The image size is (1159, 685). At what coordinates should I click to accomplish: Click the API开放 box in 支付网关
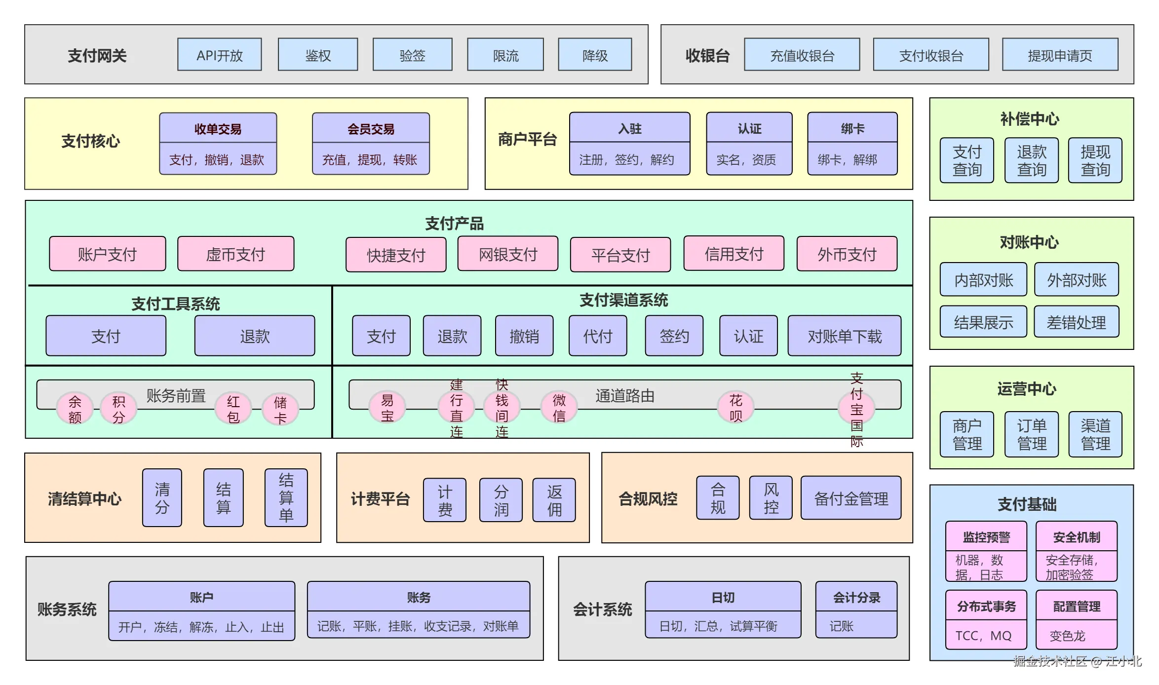(x=220, y=55)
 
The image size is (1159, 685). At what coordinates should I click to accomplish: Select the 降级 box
(x=595, y=55)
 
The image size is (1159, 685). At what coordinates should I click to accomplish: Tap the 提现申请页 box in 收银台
(x=1060, y=55)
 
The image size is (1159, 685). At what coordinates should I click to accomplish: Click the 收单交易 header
(x=218, y=128)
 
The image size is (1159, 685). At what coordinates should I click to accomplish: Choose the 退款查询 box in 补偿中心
(x=1031, y=160)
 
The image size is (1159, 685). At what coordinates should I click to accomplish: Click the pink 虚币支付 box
(x=235, y=254)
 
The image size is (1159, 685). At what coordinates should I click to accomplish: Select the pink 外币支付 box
(x=847, y=254)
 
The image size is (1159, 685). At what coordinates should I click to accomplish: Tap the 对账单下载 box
(x=844, y=336)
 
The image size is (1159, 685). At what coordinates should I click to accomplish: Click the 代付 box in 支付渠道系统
(x=597, y=336)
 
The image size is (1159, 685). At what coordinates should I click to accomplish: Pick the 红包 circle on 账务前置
(x=233, y=409)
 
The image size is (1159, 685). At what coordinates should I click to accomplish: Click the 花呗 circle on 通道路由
(x=735, y=408)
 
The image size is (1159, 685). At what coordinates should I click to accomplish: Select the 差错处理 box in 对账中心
(x=1076, y=322)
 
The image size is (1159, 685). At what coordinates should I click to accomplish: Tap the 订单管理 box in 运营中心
(x=1031, y=434)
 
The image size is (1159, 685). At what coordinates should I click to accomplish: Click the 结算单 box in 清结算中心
(x=286, y=497)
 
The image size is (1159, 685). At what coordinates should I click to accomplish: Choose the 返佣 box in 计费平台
(x=554, y=500)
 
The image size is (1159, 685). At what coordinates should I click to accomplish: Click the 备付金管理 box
(x=850, y=498)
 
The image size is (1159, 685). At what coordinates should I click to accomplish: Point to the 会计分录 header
(x=856, y=597)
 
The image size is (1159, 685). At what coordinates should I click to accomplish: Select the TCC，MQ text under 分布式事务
(x=983, y=635)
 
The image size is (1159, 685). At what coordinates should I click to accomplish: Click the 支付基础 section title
(x=1027, y=504)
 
